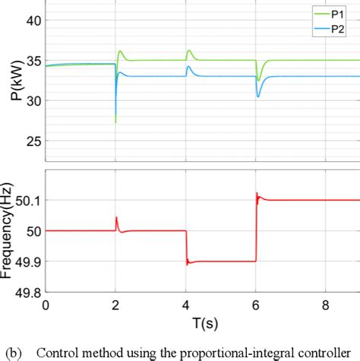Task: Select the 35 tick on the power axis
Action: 34,61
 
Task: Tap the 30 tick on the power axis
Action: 34,100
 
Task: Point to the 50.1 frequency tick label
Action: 29,200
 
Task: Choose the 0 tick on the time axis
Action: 46,305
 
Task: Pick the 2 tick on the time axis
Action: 115,305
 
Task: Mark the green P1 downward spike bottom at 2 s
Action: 115,122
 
